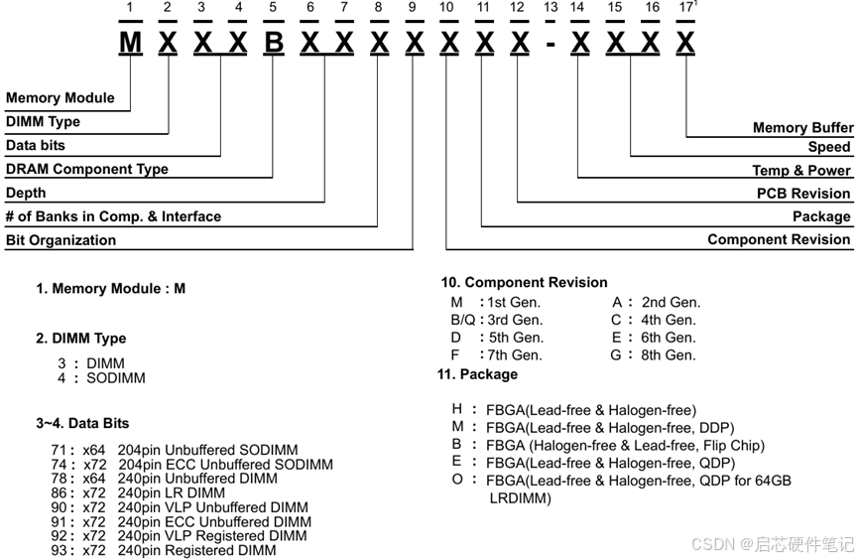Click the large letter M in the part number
pyautogui.click(x=130, y=43)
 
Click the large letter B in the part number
pyautogui.click(x=273, y=43)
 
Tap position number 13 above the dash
pyautogui.click(x=551, y=8)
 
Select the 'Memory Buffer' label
pyautogui.click(x=802, y=127)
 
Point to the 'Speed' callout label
pyautogui.click(x=829, y=147)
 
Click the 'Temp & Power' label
pyautogui.click(x=801, y=170)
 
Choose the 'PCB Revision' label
pyautogui.click(x=803, y=194)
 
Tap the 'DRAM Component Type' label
pyautogui.click(x=87, y=169)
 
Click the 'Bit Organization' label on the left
pyautogui.click(x=61, y=240)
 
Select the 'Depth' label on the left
pyautogui.click(x=26, y=193)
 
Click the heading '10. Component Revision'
pyautogui.click(x=525, y=282)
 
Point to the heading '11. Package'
pyautogui.click(x=477, y=374)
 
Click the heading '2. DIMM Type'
pyautogui.click(x=81, y=339)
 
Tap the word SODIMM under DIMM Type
pyautogui.click(x=115, y=378)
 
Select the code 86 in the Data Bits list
pyautogui.click(x=59, y=492)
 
